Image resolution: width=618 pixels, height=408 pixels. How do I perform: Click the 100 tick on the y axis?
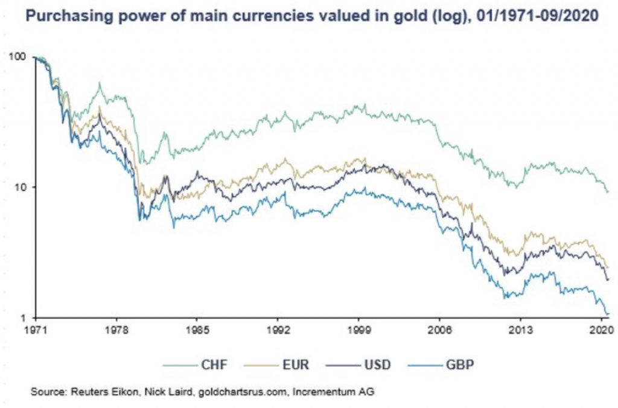[19, 57]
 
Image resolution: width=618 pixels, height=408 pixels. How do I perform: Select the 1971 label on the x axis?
[35, 331]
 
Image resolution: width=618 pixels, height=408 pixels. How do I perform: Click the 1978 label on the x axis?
[116, 331]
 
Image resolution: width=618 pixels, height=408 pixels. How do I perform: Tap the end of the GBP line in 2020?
[607, 313]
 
